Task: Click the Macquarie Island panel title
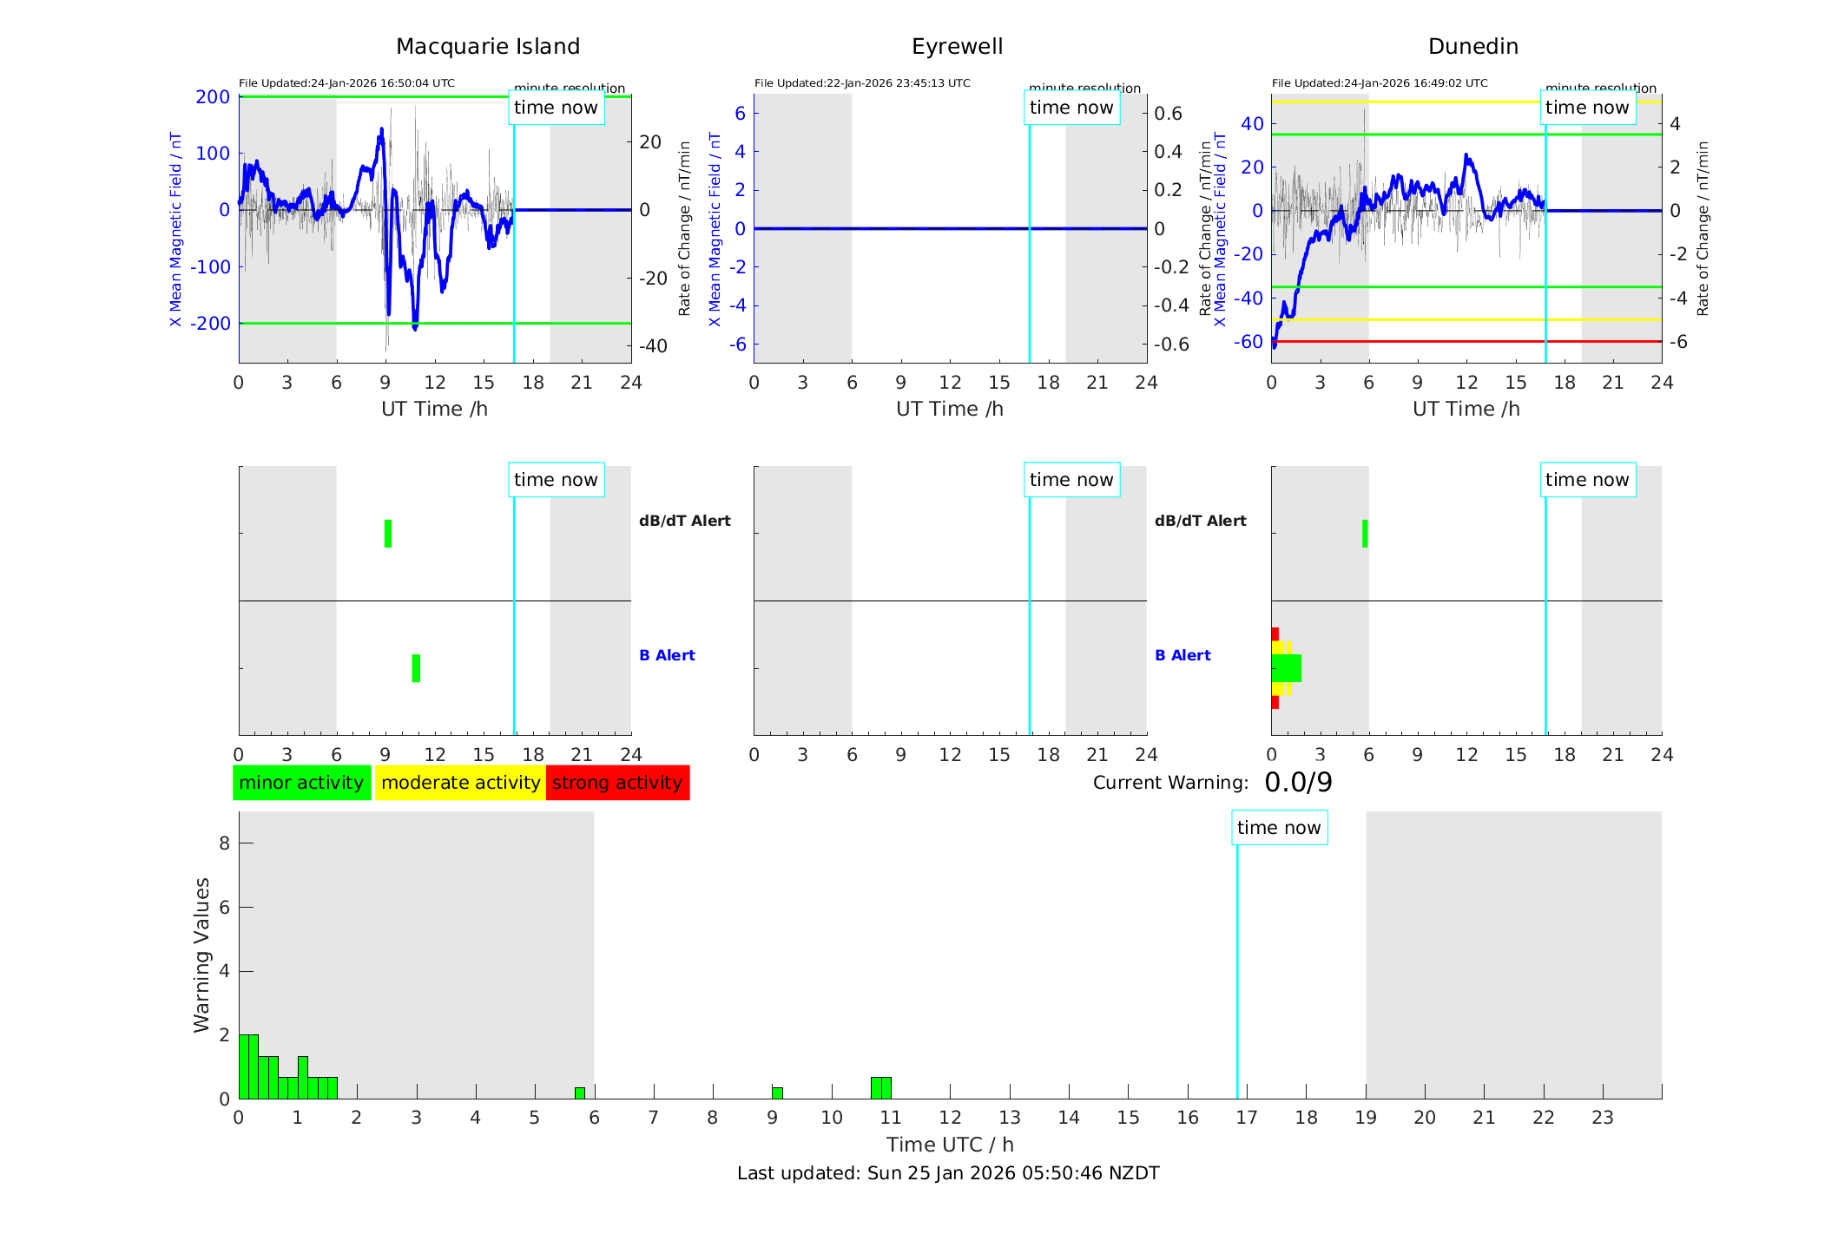487,47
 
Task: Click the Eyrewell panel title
957,47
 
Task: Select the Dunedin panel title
1472,47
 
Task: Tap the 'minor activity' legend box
301,783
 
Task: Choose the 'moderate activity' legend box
460,783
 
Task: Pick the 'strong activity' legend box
617,783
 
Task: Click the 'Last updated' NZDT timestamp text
948,1173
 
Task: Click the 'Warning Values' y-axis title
202,955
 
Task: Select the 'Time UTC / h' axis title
950,1145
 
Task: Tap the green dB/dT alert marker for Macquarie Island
388,534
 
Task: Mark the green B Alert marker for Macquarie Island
416,668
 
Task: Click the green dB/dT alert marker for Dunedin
1365,534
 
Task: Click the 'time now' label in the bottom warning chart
1279,828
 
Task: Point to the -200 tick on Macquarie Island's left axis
211,324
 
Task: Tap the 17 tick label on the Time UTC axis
1247,1118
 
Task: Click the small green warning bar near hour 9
777,1093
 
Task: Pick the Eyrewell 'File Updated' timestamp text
862,83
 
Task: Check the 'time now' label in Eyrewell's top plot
1071,108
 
